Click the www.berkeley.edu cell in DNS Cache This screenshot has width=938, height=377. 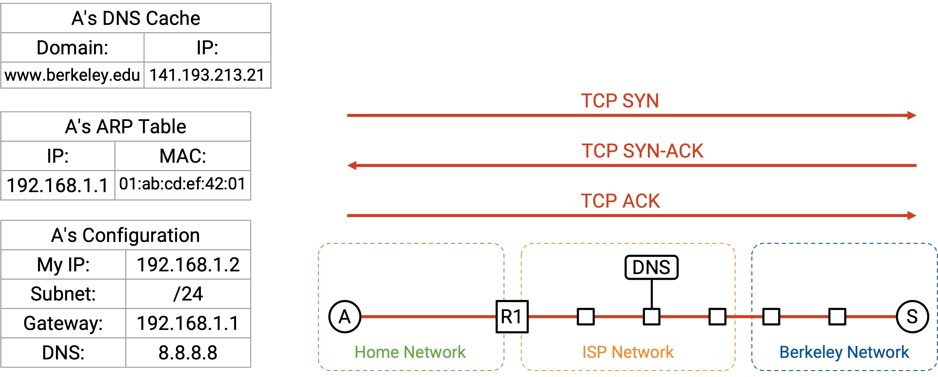tap(72, 75)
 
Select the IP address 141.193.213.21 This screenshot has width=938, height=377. tap(207, 75)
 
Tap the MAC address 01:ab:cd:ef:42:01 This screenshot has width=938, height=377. tap(182, 184)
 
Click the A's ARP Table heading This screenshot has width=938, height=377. tap(126, 127)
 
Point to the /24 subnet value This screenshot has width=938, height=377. tap(188, 294)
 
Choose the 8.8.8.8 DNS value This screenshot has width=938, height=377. tap(188, 353)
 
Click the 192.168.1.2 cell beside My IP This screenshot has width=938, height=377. tap(188, 264)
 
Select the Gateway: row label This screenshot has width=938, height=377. tap(63, 323)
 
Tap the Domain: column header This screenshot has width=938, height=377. tap(72, 48)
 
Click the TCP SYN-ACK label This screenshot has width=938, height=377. tap(642, 151)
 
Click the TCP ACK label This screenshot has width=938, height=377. tap(620, 201)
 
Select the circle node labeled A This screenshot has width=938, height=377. tap(345, 317)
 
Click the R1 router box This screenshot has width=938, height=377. tap(512, 317)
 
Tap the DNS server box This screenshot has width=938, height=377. tap(651, 267)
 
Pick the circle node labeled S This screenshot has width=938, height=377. tap(912, 317)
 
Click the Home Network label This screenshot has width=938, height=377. tap(410, 352)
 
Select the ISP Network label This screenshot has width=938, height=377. tap(628, 352)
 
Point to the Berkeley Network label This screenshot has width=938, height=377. tap(844, 352)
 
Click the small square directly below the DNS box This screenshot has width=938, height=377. tap(651, 317)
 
